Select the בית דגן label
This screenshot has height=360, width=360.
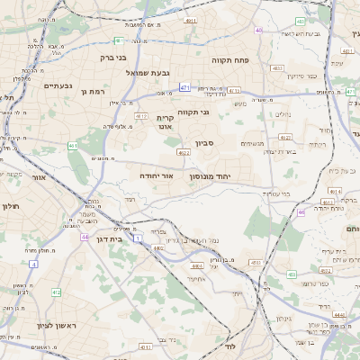tap(107, 239)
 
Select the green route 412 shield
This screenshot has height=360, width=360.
tap(56, 292)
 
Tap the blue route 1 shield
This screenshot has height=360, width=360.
tap(139, 238)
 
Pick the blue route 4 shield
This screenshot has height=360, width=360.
tap(33, 264)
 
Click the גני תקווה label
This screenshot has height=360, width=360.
tap(193, 112)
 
